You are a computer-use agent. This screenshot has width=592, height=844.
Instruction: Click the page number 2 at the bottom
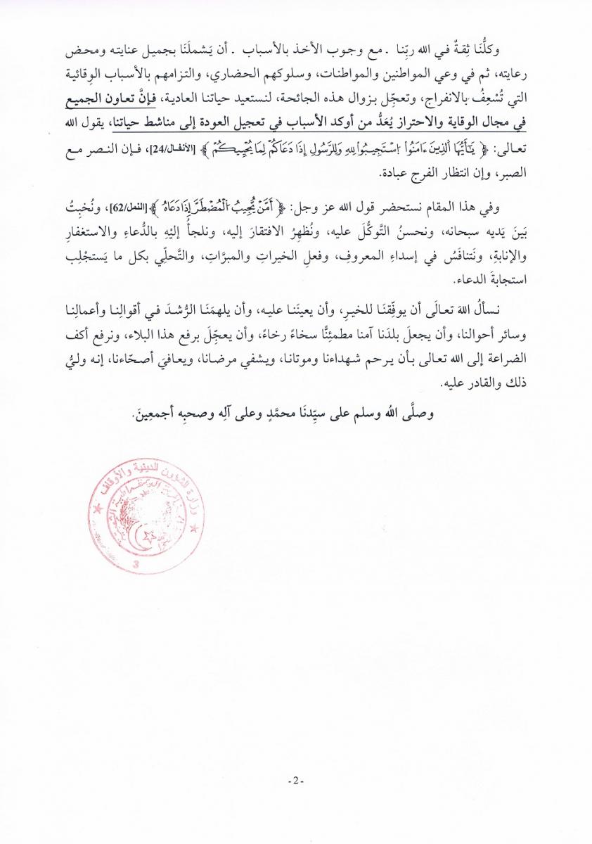[295, 781]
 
